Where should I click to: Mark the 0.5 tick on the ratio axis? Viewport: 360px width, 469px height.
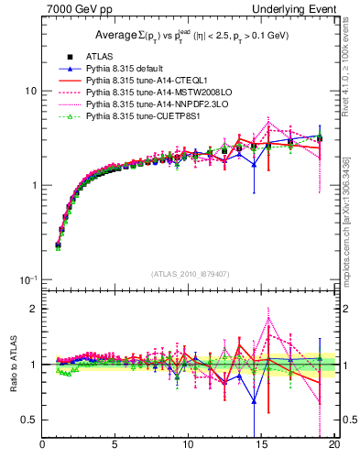pyautogui.click(x=29, y=420)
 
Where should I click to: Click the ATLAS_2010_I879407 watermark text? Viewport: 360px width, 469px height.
pyautogui.click(x=190, y=274)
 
